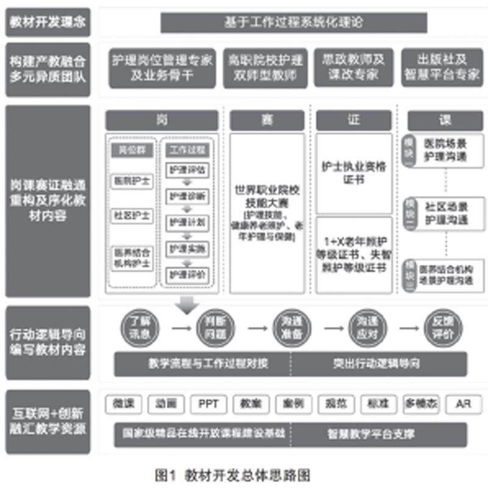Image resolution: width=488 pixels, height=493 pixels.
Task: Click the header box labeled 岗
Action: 161,120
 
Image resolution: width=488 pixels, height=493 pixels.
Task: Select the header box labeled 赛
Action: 267,120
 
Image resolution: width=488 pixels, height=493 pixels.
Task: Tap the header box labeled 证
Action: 353,120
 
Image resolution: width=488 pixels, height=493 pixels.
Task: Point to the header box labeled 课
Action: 446,120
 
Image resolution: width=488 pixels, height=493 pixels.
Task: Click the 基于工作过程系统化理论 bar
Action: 293,22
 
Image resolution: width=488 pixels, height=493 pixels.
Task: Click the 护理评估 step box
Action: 188,168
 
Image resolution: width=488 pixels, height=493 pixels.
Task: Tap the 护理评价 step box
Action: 188,273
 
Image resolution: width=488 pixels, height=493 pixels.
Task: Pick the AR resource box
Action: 464,403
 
